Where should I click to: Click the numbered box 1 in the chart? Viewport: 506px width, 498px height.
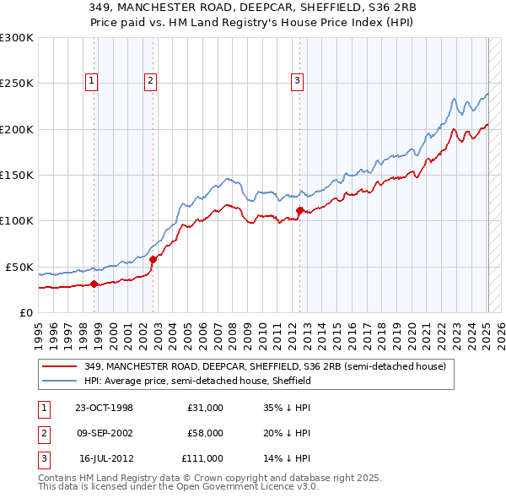[x=90, y=81]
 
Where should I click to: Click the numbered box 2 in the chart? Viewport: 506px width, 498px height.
[x=149, y=81]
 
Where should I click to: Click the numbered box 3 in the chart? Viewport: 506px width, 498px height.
[x=298, y=81]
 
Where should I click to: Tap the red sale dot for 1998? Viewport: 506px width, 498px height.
[x=94, y=284]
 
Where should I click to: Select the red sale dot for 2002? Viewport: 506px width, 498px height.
[x=153, y=259]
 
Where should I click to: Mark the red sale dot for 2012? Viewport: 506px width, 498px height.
[x=300, y=210]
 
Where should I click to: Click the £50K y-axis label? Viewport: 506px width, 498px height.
[x=19, y=267]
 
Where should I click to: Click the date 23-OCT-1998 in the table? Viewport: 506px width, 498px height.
[x=104, y=408]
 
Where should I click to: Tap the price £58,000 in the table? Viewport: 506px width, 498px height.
[x=205, y=433]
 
